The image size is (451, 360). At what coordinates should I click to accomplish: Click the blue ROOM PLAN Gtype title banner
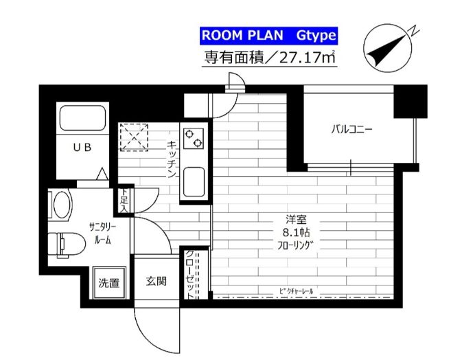click(x=268, y=35)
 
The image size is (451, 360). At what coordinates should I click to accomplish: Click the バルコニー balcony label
click(x=351, y=128)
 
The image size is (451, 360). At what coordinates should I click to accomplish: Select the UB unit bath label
click(x=81, y=147)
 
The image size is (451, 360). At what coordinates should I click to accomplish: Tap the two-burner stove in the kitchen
click(x=194, y=137)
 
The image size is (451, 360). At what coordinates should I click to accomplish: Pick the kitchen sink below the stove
click(x=194, y=183)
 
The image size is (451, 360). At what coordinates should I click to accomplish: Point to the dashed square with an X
click(x=134, y=136)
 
